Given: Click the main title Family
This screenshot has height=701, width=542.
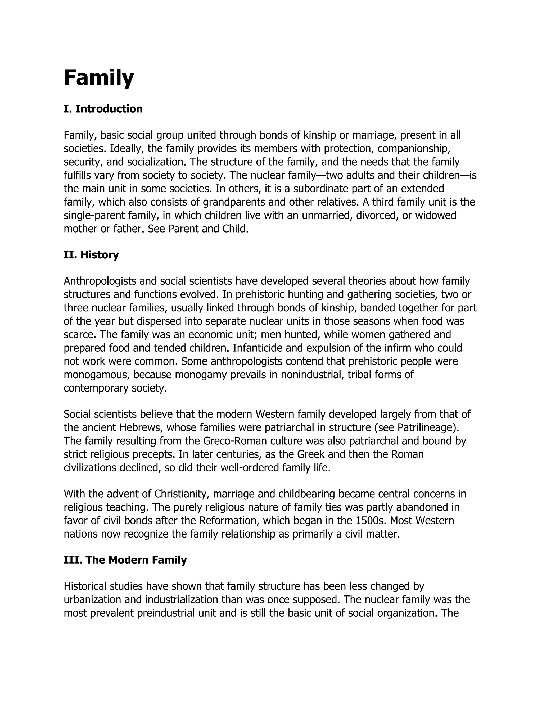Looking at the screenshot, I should coord(99,78).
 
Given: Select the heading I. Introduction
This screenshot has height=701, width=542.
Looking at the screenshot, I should coord(103,109).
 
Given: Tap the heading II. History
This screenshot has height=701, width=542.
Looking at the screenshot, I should coord(91,254).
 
